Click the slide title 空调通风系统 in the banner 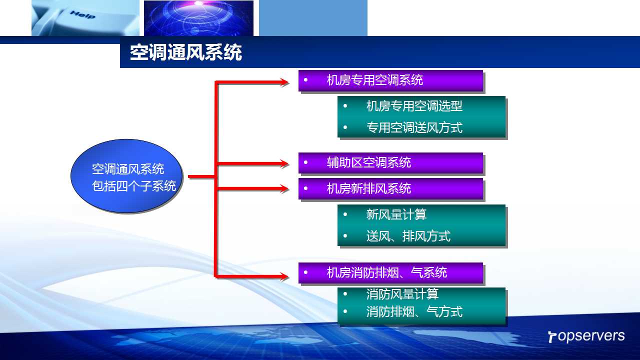(186, 52)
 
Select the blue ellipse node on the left (126, 176)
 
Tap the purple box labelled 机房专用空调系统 (390, 80)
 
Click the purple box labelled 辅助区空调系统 (390, 163)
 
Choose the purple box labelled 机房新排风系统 (390, 188)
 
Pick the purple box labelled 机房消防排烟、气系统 (390, 273)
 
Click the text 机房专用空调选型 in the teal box (414, 106)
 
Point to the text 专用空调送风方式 (414, 127)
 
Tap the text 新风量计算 (396, 214)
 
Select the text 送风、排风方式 (408, 236)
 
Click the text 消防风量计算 (402, 294)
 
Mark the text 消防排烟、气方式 (414, 311)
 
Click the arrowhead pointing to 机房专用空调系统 (284, 82)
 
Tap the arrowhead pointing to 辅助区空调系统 (284, 163)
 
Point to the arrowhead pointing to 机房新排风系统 (284, 188)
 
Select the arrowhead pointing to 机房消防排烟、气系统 (284, 276)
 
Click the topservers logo (586, 336)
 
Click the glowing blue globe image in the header (198, 18)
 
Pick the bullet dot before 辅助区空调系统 (305, 162)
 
